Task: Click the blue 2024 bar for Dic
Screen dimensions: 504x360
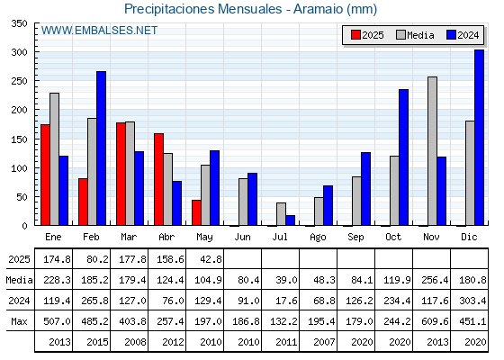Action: click(479, 138)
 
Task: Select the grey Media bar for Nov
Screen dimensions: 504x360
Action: click(432, 151)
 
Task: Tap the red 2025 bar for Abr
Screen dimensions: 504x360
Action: click(158, 179)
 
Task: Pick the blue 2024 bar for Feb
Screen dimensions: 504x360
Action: click(101, 148)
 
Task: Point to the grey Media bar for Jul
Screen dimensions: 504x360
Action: click(281, 214)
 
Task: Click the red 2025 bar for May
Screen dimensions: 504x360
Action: click(196, 212)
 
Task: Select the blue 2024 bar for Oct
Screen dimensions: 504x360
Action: click(404, 157)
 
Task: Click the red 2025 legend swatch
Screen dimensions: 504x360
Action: click(355, 35)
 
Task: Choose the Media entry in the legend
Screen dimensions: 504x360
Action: click(415, 35)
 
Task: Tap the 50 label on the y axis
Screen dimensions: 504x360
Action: click(22, 197)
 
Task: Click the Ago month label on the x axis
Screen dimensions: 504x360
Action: click(318, 238)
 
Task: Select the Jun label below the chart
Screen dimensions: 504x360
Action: click(242, 238)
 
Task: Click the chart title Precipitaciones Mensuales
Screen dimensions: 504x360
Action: click(203, 9)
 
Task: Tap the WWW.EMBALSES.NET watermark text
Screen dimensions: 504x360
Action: click(99, 31)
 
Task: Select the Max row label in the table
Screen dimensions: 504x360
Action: click(19, 321)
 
